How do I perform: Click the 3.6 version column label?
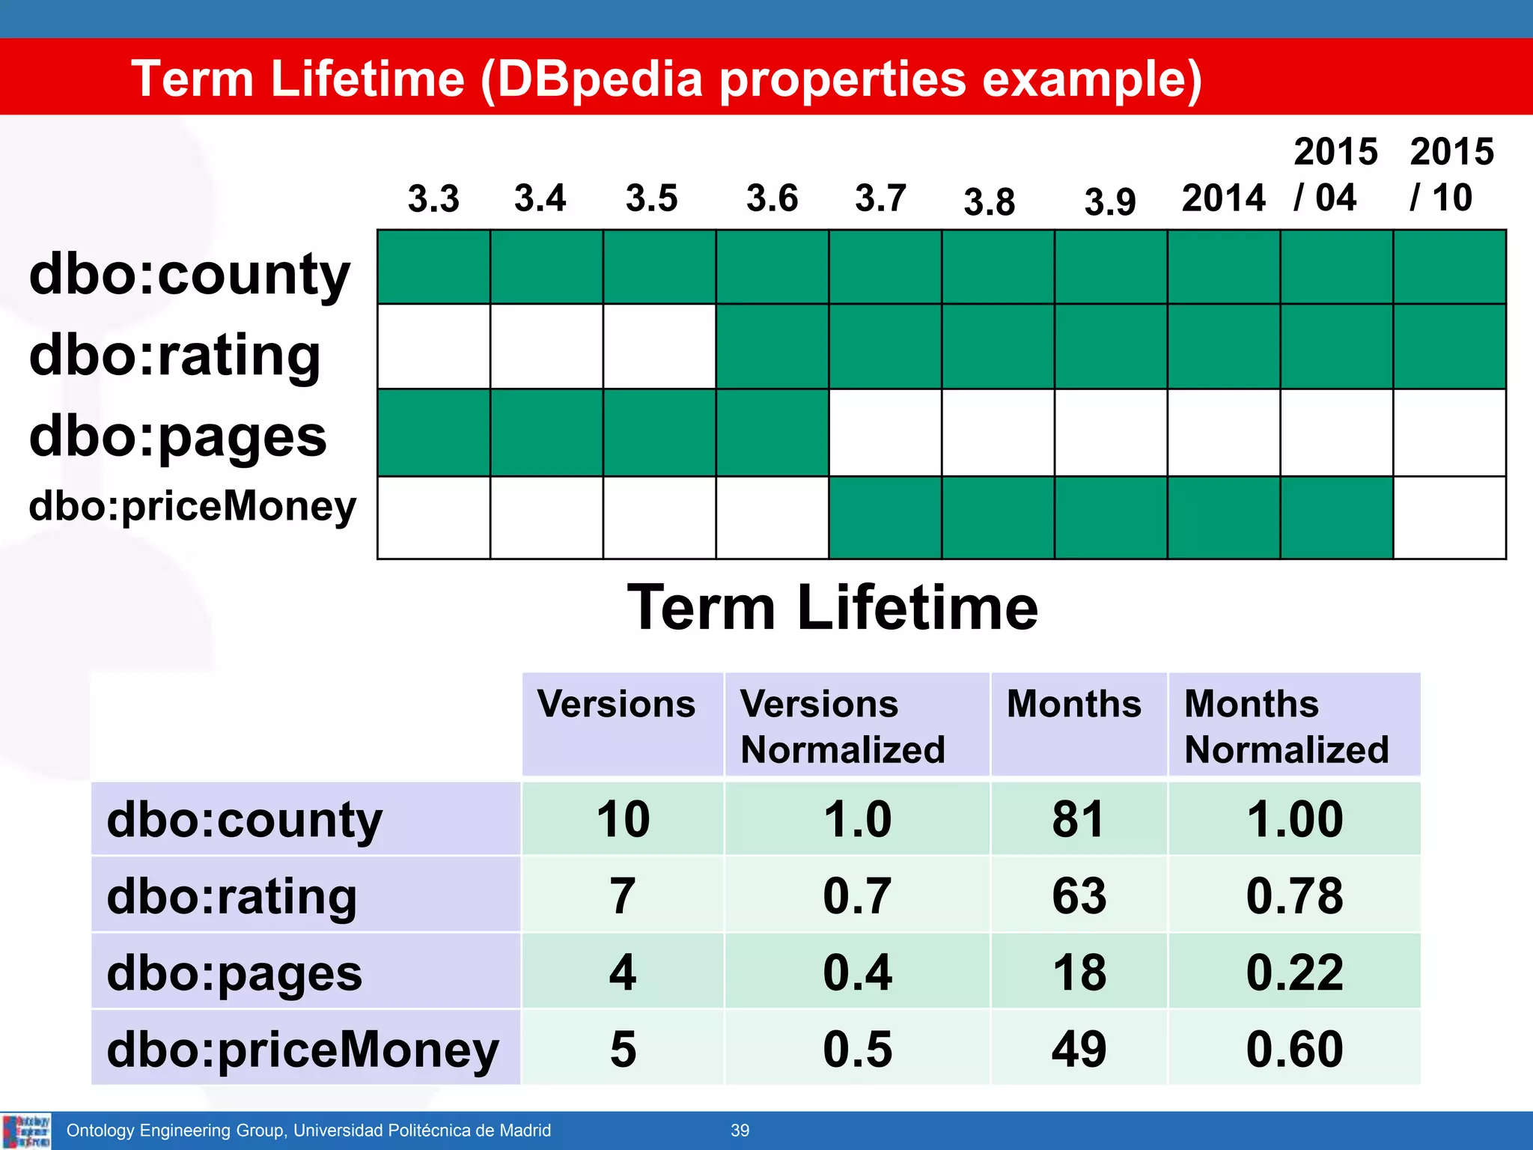tap(772, 198)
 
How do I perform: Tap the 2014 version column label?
tap(1223, 198)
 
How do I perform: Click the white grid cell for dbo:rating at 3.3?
tap(433, 346)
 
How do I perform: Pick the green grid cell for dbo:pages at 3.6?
tap(772, 433)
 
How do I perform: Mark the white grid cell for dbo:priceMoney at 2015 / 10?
tap(1449, 517)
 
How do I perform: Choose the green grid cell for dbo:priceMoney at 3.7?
tap(885, 517)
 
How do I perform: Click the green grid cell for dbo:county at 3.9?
tap(1111, 267)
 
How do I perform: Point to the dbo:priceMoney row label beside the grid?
tap(192, 506)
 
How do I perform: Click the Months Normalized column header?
tap(1286, 726)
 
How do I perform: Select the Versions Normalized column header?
tap(843, 726)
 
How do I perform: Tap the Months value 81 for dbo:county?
tap(1078, 819)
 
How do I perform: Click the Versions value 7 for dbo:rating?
tap(622, 895)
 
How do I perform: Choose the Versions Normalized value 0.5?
tap(857, 1049)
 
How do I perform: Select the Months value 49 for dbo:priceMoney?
tap(1078, 1049)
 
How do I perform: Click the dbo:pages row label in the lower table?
tap(234, 973)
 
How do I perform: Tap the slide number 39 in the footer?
tap(740, 1131)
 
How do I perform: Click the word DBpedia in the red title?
tap(600, 79)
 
